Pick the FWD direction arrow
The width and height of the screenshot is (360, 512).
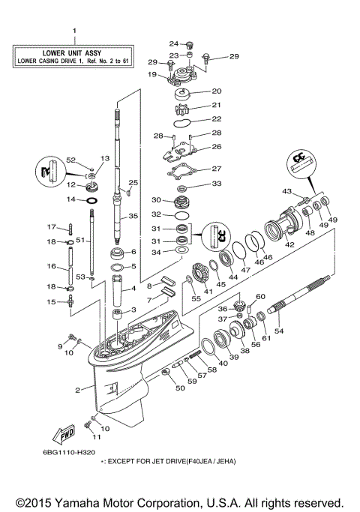[x=61, y=436]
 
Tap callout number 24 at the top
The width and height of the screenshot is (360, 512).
[x=172, y=43]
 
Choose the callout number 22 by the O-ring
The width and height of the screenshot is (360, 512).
[x=217, y=118]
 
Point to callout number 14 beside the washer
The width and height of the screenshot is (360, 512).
[x=72, y=200]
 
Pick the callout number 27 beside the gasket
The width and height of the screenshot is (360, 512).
[x=217, y=169]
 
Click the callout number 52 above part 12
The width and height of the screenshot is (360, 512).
[x=71, y=160]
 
